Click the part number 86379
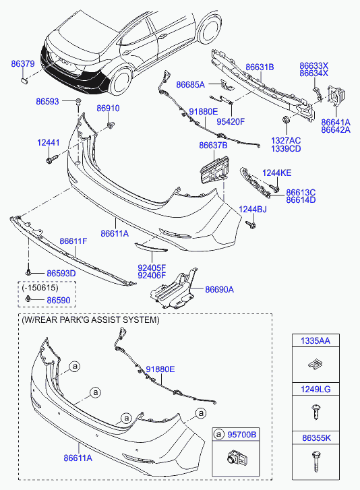(23, 64)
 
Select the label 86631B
(260, 67)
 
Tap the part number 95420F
(231, 121)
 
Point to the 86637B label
(214, 146)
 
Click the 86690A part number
(219, 290)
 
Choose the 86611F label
(73, 241)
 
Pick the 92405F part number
(152, 268)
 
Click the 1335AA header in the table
(316, 340)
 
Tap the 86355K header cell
(316, 438)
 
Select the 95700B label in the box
(242, 434)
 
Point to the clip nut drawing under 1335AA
(316, 364)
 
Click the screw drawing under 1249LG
(316, 412)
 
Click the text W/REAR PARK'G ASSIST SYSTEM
(90, 320)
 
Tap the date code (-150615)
(40, 288)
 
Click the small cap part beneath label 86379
(24, 80)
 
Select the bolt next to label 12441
(52, 159)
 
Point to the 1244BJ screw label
(253, 210)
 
